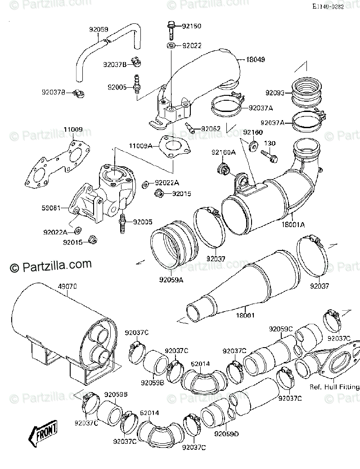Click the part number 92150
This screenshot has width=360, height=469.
point(192,27)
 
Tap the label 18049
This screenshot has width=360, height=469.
point(254,59)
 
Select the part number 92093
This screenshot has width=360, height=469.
point(275,93)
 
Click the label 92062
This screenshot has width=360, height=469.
point(211,129)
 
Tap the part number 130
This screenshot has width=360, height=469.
point(269,143)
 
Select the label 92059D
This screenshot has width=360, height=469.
point(226,434)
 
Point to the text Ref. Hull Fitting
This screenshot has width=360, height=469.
point(334,387)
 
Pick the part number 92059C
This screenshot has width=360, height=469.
point(281,329)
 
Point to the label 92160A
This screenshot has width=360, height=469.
point(224,152)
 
